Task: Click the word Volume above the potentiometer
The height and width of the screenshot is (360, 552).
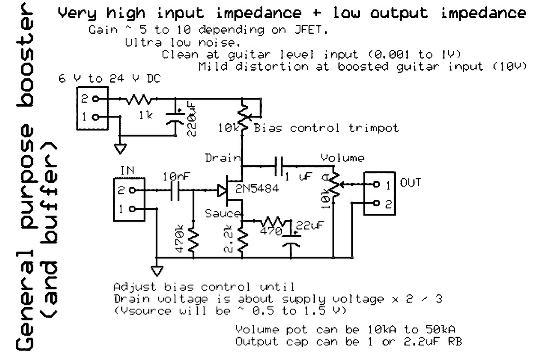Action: (342, 158)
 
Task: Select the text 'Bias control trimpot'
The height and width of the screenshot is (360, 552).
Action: (326, 128)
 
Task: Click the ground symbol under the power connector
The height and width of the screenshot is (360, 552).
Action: (119, 147)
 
